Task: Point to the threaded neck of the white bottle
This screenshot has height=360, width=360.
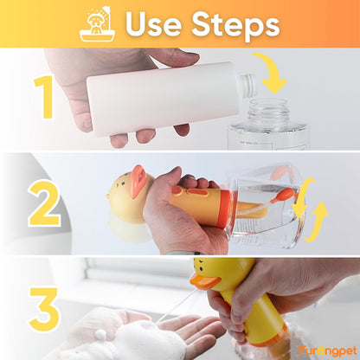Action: click(x=246, y=85)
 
